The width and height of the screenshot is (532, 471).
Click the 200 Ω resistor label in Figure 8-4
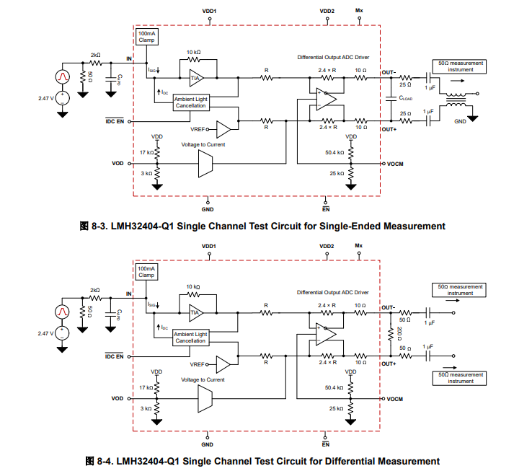(389, 333)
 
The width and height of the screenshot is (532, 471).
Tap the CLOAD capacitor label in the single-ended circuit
(405, 98)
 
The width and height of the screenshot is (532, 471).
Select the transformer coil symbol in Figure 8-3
(456, 100)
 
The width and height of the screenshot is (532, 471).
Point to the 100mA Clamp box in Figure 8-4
(146, 272)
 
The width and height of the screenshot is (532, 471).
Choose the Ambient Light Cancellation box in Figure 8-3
(191, 102)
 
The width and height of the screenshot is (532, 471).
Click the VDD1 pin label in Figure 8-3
(210, 12)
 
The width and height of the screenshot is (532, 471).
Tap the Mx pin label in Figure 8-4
(359, 246)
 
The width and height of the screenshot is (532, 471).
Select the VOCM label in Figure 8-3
(394, 164)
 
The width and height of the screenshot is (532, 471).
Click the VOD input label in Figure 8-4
(118, 398)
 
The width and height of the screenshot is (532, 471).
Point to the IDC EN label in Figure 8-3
(115, 121)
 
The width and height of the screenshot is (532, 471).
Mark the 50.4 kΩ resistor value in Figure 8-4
(334, 387)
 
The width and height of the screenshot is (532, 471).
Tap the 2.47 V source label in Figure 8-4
(48, 333)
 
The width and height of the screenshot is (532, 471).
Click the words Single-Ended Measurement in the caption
(386, 226)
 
